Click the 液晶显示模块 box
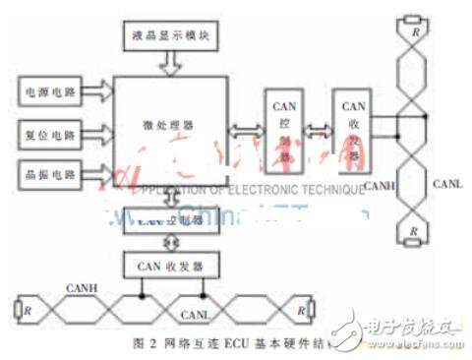click(x=170, y=36)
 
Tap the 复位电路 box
click(x=47, y=131)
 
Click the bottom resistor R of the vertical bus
click(x=413, y=232)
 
